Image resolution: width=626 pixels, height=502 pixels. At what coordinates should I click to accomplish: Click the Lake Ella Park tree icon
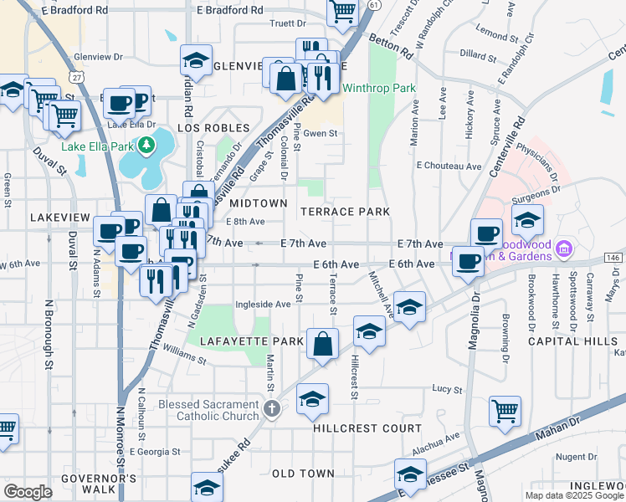coord(148,146)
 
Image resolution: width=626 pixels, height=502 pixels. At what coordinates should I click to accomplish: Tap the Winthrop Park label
coord(379,88)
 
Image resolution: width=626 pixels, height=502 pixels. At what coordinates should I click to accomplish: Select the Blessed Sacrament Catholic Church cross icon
coord(271,409)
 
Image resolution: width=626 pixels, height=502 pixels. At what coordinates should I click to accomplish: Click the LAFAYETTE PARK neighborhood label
coord(251,341)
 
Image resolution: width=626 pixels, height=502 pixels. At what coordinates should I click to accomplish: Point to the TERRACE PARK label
coord(346,212)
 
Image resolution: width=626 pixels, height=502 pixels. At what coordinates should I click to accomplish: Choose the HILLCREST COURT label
coord(367,428)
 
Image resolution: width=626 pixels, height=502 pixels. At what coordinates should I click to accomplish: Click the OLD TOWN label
coord(304,474)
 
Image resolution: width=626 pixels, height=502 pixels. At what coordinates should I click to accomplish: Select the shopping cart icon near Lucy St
coord(505,411)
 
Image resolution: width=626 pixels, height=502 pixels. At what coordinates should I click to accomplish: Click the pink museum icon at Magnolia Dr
coord(563,248)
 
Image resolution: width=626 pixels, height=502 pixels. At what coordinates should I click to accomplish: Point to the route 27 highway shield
coord(77,76)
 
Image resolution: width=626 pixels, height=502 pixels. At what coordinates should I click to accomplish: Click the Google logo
coord(27,491)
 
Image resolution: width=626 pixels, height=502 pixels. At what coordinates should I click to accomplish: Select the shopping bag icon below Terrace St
coord(322,343)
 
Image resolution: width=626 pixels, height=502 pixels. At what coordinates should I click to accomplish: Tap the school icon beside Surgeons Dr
coord(527,220)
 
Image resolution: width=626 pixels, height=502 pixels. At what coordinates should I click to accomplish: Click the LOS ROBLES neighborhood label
coord(214,128)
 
